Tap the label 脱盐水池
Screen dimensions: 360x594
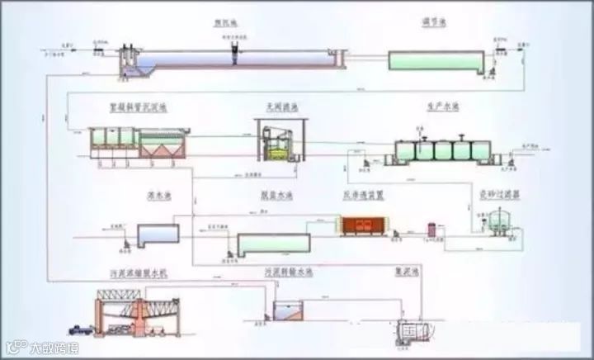(273, 197)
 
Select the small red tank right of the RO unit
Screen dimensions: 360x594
(431, 229)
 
